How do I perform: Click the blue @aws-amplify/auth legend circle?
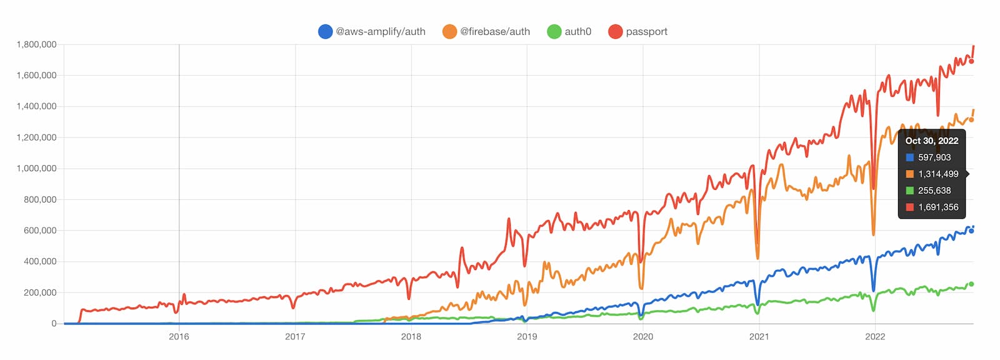(325, 31)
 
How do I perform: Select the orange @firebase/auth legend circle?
(449, 31)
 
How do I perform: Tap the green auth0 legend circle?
(554, 31)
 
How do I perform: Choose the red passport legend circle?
(615, 31)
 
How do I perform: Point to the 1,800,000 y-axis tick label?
(36, 44)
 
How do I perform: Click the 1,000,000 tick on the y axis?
(36, 168)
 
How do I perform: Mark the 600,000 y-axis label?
(40, 231)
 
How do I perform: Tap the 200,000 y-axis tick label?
(40, 292)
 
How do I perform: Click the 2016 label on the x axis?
(179, 336)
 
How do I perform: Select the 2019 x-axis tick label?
(527, 336)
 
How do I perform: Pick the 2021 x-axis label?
(759, 336)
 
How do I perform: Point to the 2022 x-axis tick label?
(875, 336)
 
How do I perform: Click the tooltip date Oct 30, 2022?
(931, 141)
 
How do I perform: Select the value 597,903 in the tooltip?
(934, 157)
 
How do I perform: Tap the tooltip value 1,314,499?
(938, 174)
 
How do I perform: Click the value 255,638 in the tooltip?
(934, 191)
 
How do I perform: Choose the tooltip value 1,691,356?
(938, 207)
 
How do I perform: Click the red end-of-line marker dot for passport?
(971, 61)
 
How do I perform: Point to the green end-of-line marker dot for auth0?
(971, 284)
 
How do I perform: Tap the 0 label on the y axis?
(54, 324)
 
